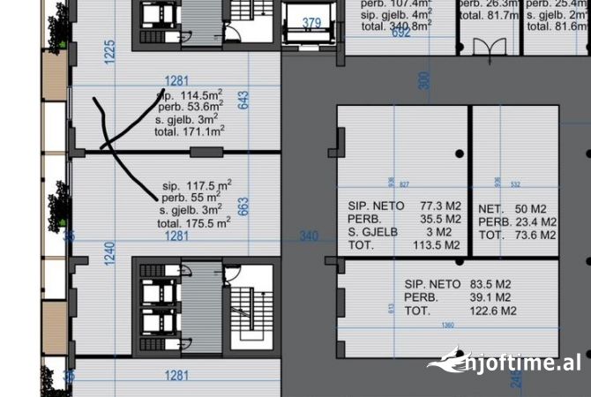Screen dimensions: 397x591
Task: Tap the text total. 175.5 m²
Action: (x=194, y=224)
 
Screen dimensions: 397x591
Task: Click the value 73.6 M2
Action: (x=535, y=236)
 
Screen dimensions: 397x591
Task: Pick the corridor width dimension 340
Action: (x=308, y=236)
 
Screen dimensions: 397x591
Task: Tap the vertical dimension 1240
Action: (x=110, y=253)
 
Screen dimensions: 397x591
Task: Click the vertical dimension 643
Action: (x=243, y=100)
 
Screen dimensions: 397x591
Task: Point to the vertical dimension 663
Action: (x=244, y=206)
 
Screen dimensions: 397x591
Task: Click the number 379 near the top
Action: (x=311, y=23)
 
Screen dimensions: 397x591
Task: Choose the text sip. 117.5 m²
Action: (x=197, y=185)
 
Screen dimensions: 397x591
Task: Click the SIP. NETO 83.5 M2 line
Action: (x=460, y=284)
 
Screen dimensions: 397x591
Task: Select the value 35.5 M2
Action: (x=442, y=218)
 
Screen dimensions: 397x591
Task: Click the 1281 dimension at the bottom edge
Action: (x=176, y=376)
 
